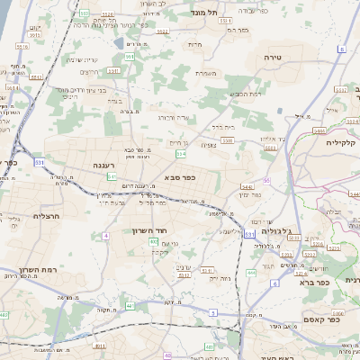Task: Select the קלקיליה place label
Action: (342, 142)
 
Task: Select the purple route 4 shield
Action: (105, 236)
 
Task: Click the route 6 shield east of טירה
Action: (341, 49)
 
